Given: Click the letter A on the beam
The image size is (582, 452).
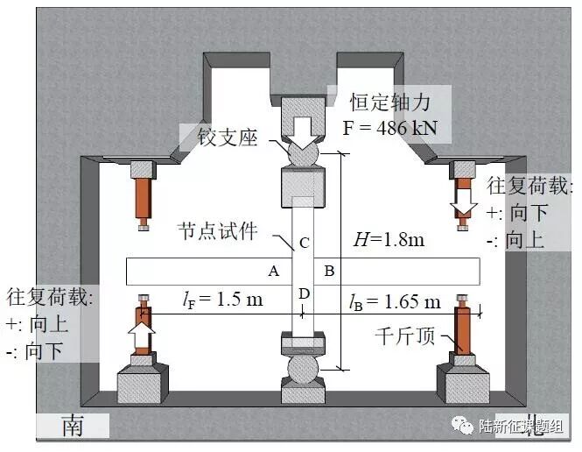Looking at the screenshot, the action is coord(273,271).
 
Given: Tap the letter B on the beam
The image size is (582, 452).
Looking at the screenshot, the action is coord(330,271).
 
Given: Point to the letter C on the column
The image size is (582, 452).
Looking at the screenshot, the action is coord(304,242).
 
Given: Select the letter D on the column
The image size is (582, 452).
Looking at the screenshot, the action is coord(303,293).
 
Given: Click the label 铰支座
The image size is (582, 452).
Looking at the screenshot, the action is coord(219,138).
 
